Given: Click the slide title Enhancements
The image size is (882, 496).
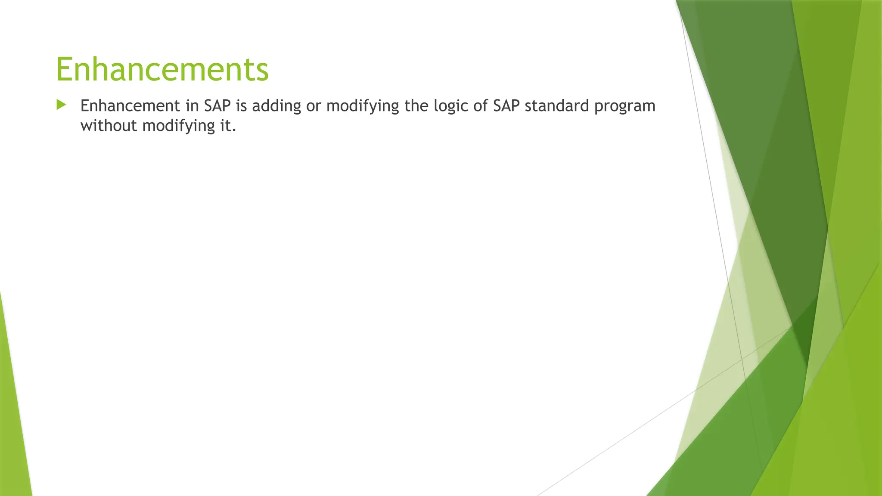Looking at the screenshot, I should click(162, 70).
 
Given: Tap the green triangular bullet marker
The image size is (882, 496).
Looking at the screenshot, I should click(61, 105).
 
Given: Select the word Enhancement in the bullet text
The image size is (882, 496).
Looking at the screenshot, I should click(130, 106).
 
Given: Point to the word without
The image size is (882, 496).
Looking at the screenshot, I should click(109, 126).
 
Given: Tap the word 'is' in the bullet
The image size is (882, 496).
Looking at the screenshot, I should click(242, 106).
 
